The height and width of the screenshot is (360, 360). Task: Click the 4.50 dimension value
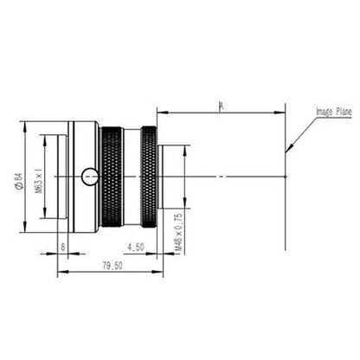136,246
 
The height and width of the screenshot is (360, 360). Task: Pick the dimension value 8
64,247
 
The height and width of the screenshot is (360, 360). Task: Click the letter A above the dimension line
222,106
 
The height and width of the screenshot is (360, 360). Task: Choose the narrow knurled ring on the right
149,177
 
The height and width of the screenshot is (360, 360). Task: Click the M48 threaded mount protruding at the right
173,177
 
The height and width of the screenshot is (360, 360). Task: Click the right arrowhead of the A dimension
284,112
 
